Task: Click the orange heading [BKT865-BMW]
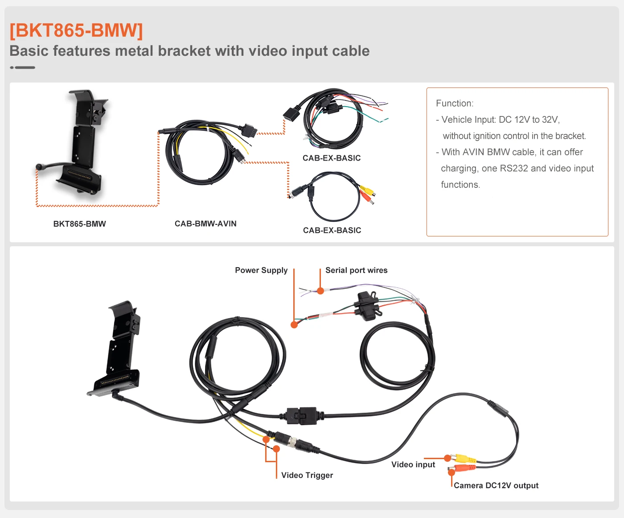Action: [x=76, y=30]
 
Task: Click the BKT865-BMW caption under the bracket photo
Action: [x=79, y=224]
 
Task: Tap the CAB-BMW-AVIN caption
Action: [x=205, y=224]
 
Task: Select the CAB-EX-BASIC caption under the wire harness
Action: [x=332, y=158]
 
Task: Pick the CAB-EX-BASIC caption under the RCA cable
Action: [x=332, y=230]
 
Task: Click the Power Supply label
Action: [x=261, y=270]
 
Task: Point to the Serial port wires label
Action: [x=356, y=270]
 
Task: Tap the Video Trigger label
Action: [x=307, y=475]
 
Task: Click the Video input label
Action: [x=413, y=464]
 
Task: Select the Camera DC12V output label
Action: [x=496, y=485]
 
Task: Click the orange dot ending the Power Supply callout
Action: [x=294, y=325]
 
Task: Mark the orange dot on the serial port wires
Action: [x=320, y=291]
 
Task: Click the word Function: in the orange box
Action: [x=455, y=104]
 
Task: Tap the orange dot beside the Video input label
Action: [x=447, y=458]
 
